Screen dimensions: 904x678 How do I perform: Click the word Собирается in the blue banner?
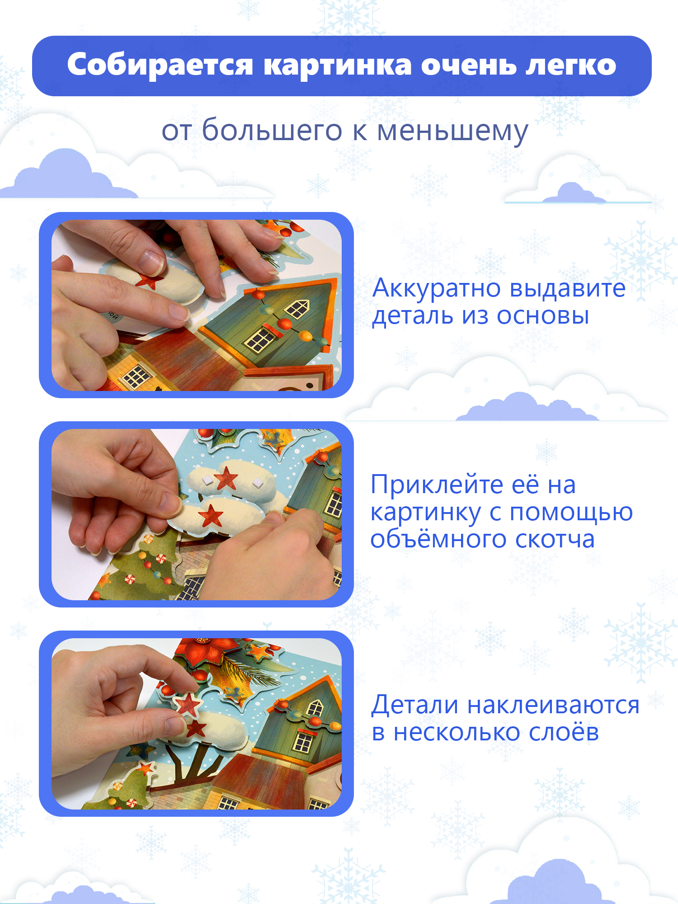pyautogui.click(x=160, y=65)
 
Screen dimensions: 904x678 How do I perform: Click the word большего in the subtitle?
pyautogui.click(x=272, y=131)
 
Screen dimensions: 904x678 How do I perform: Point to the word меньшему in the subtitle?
pyautogui.click(x=452, y=131)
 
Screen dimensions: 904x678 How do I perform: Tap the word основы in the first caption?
pyautogui.click(x=543, y=315)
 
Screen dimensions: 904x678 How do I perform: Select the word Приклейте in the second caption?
pyautogui.click(x=437, y=485)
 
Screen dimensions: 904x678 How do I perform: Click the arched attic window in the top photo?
pyautogui.click(x=297, y=309)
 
